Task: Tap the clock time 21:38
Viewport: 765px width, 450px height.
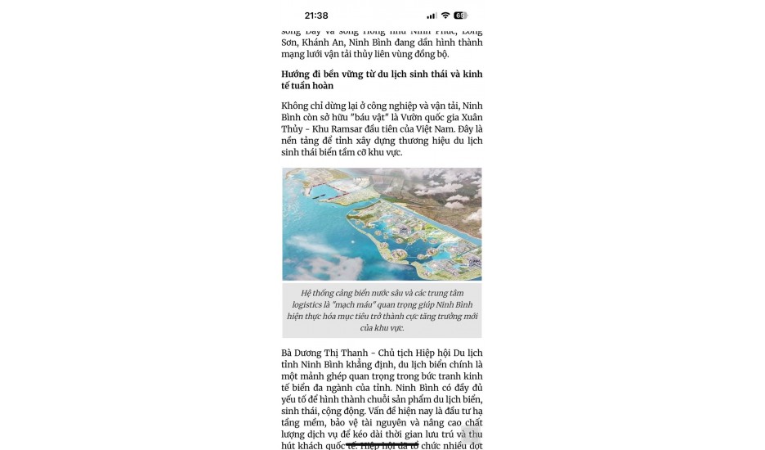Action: (315, 16)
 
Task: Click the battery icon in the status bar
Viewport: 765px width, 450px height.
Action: (461, 16)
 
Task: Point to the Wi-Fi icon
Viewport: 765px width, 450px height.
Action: (445, 16)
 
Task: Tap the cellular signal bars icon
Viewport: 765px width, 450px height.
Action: (432, 16)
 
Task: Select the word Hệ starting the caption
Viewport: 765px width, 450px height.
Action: (306, 292)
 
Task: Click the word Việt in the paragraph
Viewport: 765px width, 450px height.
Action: (445, 128)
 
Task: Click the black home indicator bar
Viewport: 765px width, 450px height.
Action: (382, 444)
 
